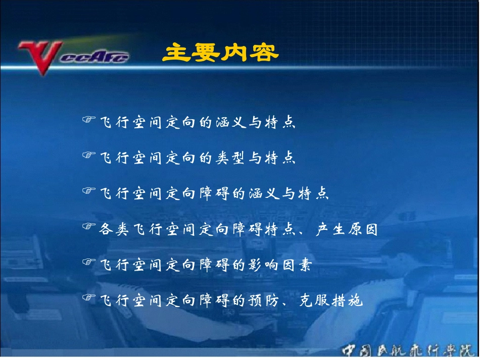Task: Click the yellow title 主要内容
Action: (x=220, y=53)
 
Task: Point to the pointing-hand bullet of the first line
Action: (x=89, y=120)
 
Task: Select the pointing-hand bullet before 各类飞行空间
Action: (x=89, y=228)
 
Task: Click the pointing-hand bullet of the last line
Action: (x=89, y=299)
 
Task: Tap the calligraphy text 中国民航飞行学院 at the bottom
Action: (x=409, y=350)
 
